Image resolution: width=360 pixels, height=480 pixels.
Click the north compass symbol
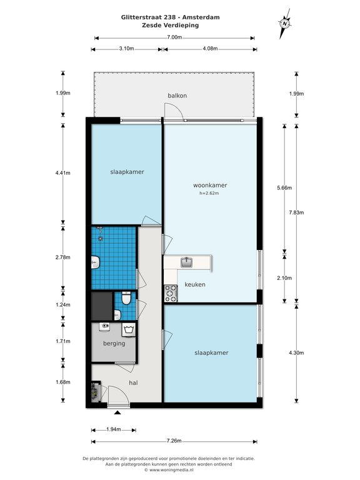click(285, 24)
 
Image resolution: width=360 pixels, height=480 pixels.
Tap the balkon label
click(177, 96)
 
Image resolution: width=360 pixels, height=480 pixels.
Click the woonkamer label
click(210, 185)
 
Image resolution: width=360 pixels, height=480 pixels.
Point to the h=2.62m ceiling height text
click(209, 193)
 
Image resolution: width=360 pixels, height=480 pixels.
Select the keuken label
click(195, 284)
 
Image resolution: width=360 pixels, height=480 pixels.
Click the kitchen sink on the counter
click(186, 262)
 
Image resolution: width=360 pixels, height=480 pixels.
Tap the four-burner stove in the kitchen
click(171, 293)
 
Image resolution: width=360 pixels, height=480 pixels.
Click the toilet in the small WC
click(126, 298)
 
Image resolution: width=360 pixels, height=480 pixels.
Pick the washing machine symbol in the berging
click(129, 329)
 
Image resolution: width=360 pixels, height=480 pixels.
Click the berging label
click(114, 344)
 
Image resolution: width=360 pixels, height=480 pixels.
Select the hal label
click(134, 382)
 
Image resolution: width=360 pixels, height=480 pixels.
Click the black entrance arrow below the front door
click(117, 412)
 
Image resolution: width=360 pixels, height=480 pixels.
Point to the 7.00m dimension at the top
click(174, 37)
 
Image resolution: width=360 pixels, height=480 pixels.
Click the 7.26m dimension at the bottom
click(174, 441)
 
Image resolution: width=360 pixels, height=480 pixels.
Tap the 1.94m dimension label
click(114, 429)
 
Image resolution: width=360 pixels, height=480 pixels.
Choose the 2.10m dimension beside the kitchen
click(284, 278)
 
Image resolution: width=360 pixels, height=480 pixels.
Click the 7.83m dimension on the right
click(296, 212)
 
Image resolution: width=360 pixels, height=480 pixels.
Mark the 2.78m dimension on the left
click(62, 257)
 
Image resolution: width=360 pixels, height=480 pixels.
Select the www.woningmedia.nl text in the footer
click(172, 469)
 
